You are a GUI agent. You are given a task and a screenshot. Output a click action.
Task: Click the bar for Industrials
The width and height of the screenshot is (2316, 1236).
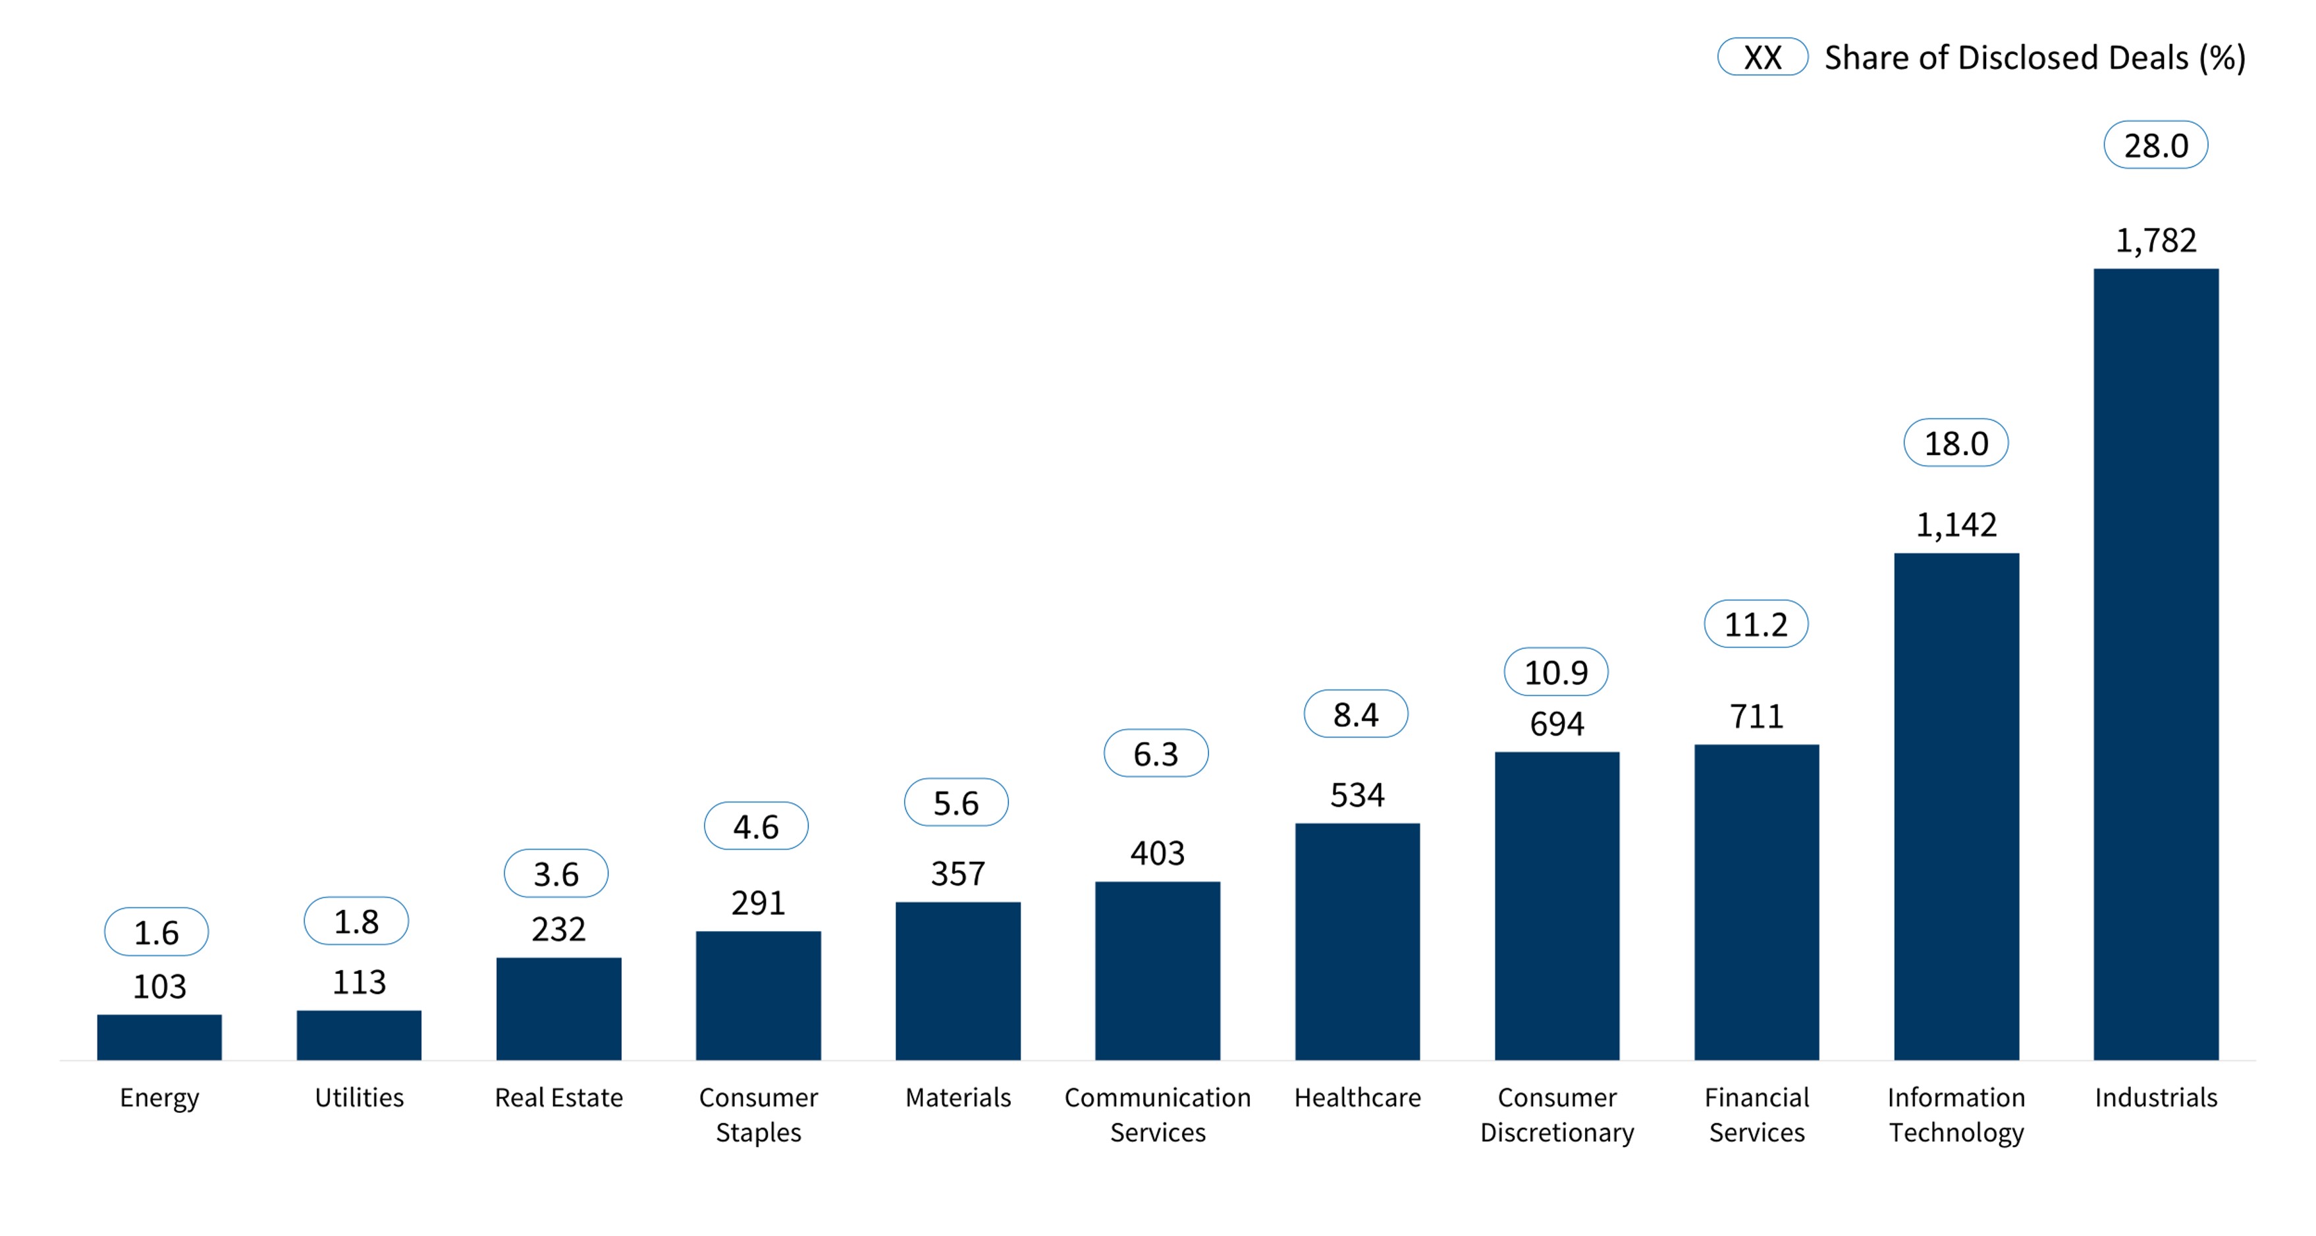click(2155, 664)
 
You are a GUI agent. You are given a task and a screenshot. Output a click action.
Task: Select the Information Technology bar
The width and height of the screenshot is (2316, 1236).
click(1956, 806)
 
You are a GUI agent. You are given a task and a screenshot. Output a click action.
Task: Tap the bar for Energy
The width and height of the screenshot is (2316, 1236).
click(159, 1037)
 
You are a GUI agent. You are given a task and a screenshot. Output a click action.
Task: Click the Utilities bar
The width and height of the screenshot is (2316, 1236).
click(359, 1036)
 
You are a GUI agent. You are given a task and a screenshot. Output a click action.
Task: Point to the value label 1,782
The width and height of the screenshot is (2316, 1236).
click(2155, 240)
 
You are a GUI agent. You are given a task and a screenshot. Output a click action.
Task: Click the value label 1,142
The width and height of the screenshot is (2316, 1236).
click(1956, 524)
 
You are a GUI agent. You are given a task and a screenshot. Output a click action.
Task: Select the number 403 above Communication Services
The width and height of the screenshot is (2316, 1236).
click(1157, 852)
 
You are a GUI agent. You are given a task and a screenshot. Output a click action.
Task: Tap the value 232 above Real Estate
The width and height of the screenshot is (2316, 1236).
click(558, 928)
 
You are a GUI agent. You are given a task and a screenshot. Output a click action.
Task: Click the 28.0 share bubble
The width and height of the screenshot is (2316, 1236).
click(2155, 145)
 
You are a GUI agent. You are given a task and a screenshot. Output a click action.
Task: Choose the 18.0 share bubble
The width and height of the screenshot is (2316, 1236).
click(1956, 443)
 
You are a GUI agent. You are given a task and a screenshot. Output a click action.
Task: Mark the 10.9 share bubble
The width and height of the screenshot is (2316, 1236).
click(1555, 672)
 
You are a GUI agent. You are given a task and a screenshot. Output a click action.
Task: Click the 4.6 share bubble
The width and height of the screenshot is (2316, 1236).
click(755, 825)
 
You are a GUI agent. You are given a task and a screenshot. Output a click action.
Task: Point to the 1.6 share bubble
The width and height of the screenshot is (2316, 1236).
click(157, 931)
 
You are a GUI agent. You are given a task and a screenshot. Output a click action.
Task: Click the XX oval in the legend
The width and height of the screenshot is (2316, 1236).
click(1762, 57)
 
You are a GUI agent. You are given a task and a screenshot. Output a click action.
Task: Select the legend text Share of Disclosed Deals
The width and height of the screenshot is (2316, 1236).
click(2006, 57)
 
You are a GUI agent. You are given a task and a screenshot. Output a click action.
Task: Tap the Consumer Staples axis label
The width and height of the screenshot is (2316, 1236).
click(758, 1115)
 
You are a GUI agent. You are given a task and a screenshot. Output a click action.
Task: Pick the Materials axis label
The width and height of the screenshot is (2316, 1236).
click(957, 1098)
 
